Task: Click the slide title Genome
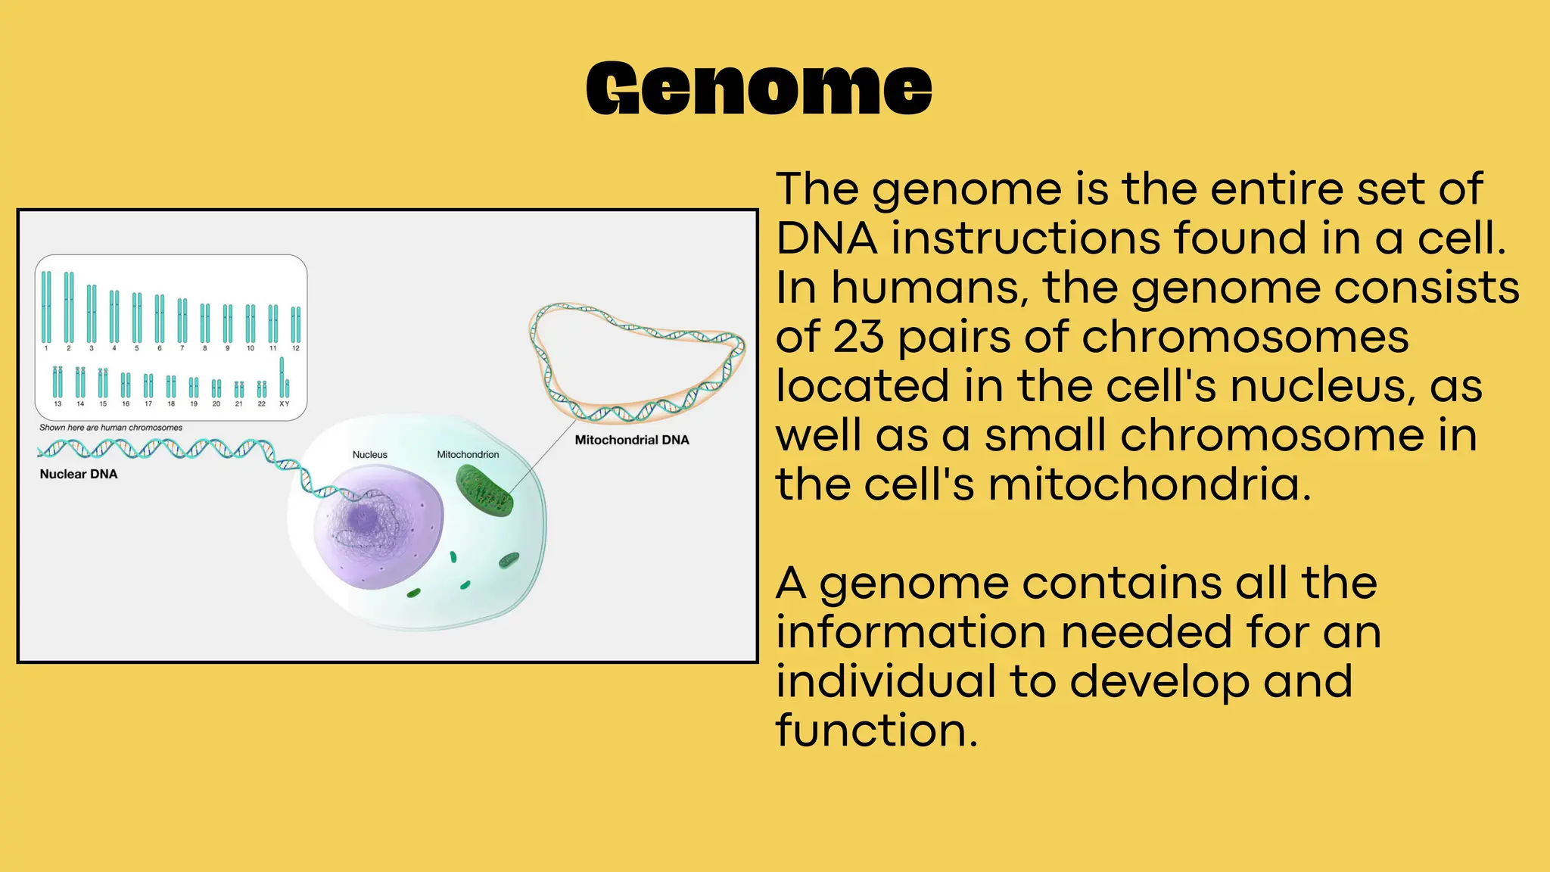[759, 89]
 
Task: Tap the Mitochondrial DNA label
[632, 440]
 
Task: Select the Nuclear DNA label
[79, 474]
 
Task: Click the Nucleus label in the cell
[369, 454]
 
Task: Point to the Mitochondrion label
[468, 454]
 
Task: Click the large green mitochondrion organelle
[484, 490]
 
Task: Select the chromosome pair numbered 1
[46, 307]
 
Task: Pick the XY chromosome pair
[284, 378]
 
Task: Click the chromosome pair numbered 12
[296, 324]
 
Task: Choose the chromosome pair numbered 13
[58, 381]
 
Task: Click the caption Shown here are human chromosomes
[111, 428]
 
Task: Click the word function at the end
[876, 731]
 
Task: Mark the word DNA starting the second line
[826, 238]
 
